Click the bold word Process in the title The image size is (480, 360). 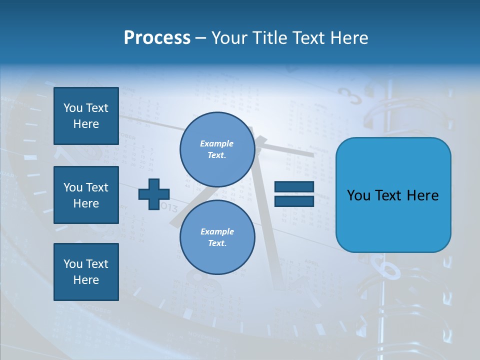click(157, 38)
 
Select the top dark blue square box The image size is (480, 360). click(86, 116)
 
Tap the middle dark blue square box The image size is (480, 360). click(86, 195)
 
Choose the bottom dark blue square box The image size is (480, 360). click(86, 272)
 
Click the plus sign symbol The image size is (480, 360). click(154, 194)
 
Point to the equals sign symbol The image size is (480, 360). click(294, 194)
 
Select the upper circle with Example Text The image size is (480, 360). click(217, 149)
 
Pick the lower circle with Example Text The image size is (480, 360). click(217, 237)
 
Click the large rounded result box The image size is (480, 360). click(393, 195)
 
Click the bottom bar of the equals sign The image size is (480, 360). click(294, 201)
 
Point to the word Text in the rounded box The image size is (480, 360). click(392, 195)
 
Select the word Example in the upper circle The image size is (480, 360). click(217, 143)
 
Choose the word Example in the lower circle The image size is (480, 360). click(217, 231)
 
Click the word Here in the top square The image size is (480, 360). click(86, 124)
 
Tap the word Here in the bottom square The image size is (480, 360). click(86, 280)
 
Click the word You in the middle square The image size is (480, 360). click(72, 187)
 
